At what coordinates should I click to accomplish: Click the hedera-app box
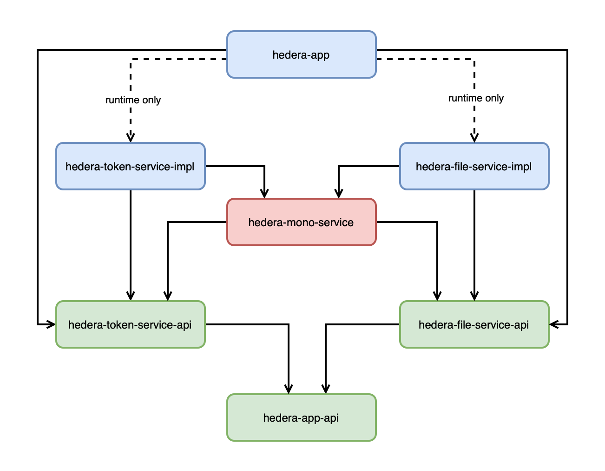pos(301,54)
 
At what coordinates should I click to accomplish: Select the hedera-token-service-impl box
pos(130,166)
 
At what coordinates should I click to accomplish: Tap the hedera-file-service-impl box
pos(474,166)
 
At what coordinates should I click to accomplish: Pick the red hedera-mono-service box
pos(301,222)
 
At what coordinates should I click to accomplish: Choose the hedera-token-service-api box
pos(130,324)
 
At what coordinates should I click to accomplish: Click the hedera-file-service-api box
pos(474,324)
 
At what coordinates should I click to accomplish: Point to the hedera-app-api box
pos(301,417)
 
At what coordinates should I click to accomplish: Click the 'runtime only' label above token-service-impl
pos(133,100)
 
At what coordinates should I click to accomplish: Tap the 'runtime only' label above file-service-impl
pos(476,98)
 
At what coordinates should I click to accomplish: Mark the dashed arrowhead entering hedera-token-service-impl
pos(131,138)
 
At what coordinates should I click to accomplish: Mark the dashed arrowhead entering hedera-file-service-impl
pos(474,138)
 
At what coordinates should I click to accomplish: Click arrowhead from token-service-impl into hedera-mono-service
pos(264,194)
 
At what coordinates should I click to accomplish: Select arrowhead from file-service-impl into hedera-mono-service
pos(339,194)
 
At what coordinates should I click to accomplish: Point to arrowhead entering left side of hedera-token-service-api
pos(51,324)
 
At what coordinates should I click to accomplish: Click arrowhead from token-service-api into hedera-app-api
pos(289,389)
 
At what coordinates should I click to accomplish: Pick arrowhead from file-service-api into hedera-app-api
pos(326,389)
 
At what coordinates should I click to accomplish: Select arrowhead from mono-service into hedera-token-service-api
pos(168,296)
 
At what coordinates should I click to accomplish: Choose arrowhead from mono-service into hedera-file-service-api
pos(437,296)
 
